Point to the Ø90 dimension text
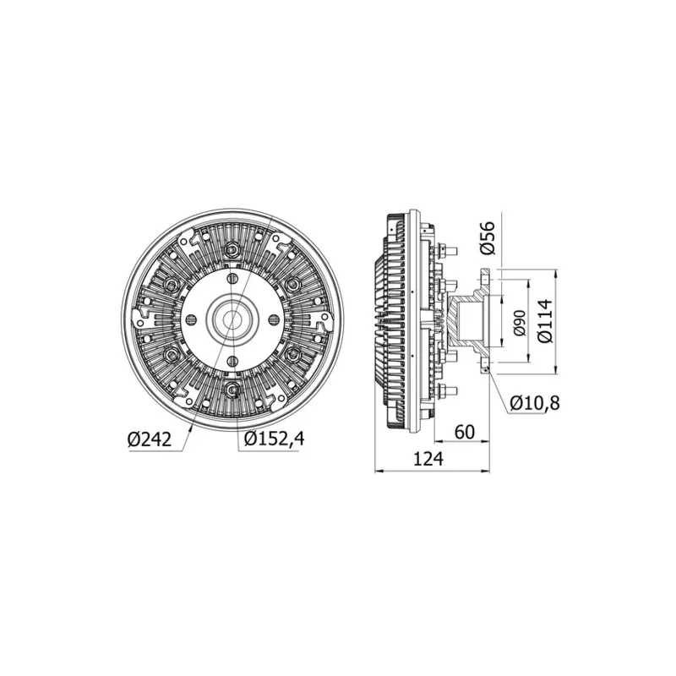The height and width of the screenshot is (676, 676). tap(520, 323)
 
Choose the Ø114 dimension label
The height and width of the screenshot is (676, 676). tap(545, 322)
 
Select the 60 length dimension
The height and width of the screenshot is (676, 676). tap(464, 432)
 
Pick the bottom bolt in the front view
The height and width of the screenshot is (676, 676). tap(231, 390)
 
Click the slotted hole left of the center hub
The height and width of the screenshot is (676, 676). tap(190, 319)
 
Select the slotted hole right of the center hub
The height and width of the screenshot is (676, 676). tap(272, 319)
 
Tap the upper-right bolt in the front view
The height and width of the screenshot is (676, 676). tap(292, 284)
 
